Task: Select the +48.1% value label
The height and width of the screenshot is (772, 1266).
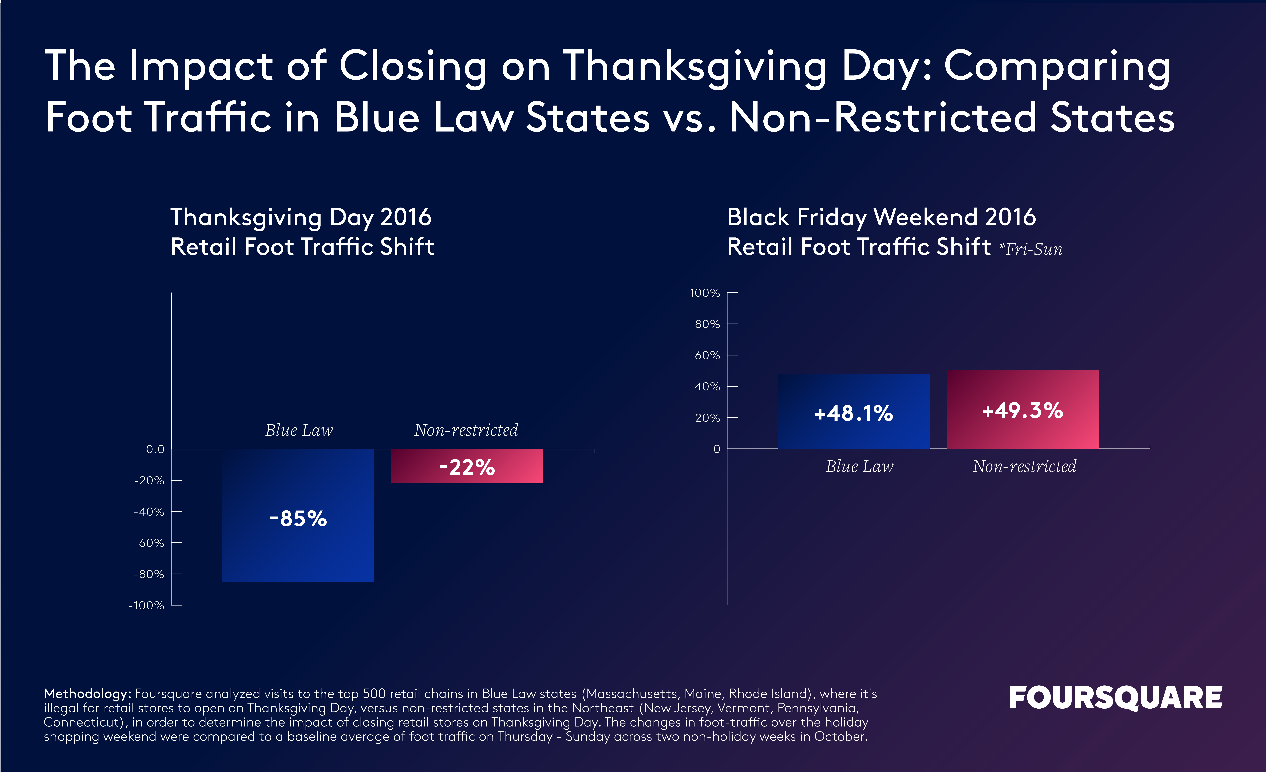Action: (x=853, y=413)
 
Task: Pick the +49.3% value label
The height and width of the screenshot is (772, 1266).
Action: (x=1022, y=410)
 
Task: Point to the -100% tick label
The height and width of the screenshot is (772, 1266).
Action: (x=146, y=606)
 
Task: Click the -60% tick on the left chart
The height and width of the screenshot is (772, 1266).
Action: (x=149, y=543)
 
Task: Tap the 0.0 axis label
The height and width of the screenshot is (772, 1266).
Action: (x=155, y=449)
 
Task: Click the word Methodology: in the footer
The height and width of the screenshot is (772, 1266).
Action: (x=87, y=694)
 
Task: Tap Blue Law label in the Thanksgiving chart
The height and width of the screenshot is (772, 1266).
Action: (x=299, y=430)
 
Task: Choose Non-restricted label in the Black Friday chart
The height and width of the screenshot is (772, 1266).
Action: (x=1024, y=466)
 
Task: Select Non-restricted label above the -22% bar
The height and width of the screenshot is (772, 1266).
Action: (x=466, y=430)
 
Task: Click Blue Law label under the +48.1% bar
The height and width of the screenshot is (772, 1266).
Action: (x=860, y=466)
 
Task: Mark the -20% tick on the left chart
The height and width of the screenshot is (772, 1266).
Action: (x=149, y=481)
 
